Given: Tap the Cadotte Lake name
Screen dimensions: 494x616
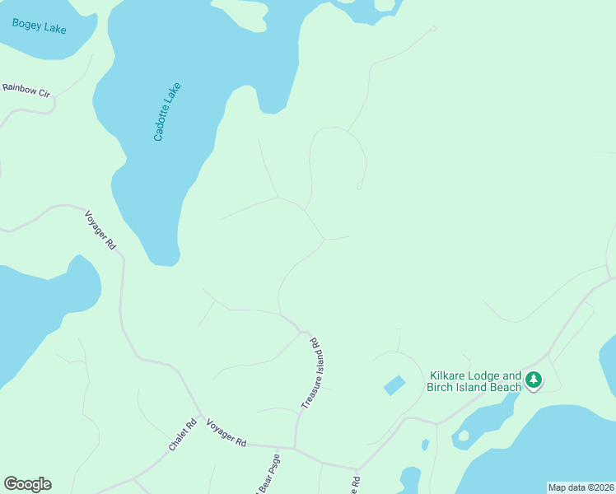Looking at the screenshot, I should (x=167, y=111).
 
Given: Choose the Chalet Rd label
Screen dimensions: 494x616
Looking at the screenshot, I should (x=183, y=436).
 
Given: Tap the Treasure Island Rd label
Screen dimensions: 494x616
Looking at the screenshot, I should (x=309, y=372).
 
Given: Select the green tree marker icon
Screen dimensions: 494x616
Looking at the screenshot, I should (x=534, y=380).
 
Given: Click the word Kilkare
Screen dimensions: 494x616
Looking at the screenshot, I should (x=446, y=375).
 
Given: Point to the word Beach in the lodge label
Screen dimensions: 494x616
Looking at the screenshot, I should (x=506, y=388).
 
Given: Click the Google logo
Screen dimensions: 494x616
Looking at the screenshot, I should (x=27, y=484).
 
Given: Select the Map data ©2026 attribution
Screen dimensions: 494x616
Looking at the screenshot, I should (x=581, y=487).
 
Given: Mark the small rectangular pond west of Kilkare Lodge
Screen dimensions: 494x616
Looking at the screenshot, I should (x=394, y=384).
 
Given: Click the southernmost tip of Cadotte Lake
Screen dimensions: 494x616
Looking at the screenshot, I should (x=165, y=263).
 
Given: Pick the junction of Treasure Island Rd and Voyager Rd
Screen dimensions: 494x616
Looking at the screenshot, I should (x=295, y=449).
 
